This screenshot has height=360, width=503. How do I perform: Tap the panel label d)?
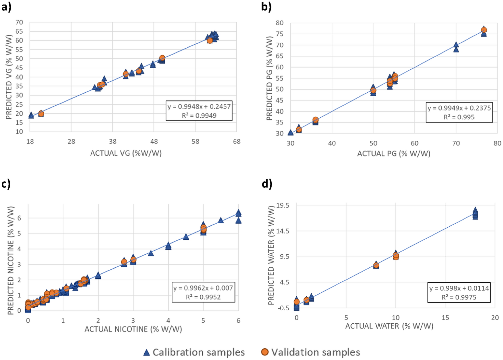(267, 184)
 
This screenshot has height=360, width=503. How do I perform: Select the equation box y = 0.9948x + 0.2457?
(199, 111)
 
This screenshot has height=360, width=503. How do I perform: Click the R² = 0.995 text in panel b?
(459, 117)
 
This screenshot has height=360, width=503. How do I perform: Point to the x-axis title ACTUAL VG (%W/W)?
(126, 153)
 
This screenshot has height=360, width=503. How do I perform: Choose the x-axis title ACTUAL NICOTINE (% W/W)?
(133, 329)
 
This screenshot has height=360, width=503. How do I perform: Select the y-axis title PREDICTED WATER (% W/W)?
(271, 255)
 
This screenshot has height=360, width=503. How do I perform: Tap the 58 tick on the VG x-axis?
(195, 141)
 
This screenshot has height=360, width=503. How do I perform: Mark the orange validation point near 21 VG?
(41, 114)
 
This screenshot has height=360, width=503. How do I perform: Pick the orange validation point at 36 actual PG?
(315, 120)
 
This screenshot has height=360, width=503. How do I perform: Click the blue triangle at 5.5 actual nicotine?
(221, 220)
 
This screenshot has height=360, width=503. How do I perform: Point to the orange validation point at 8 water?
(376, 265)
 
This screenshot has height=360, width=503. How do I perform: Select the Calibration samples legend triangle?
(146, 353)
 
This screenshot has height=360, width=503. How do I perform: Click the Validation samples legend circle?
(265, 352)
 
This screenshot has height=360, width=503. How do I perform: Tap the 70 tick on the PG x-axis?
(456, 143)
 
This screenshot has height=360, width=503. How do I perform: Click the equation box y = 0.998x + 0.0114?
(459, 292)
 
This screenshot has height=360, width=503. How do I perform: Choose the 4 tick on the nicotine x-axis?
(168, 321)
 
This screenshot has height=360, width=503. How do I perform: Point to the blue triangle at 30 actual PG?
(290, 133)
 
